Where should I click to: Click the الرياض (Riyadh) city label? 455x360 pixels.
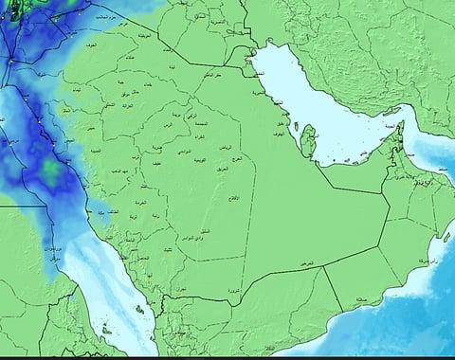pos(219,149)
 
